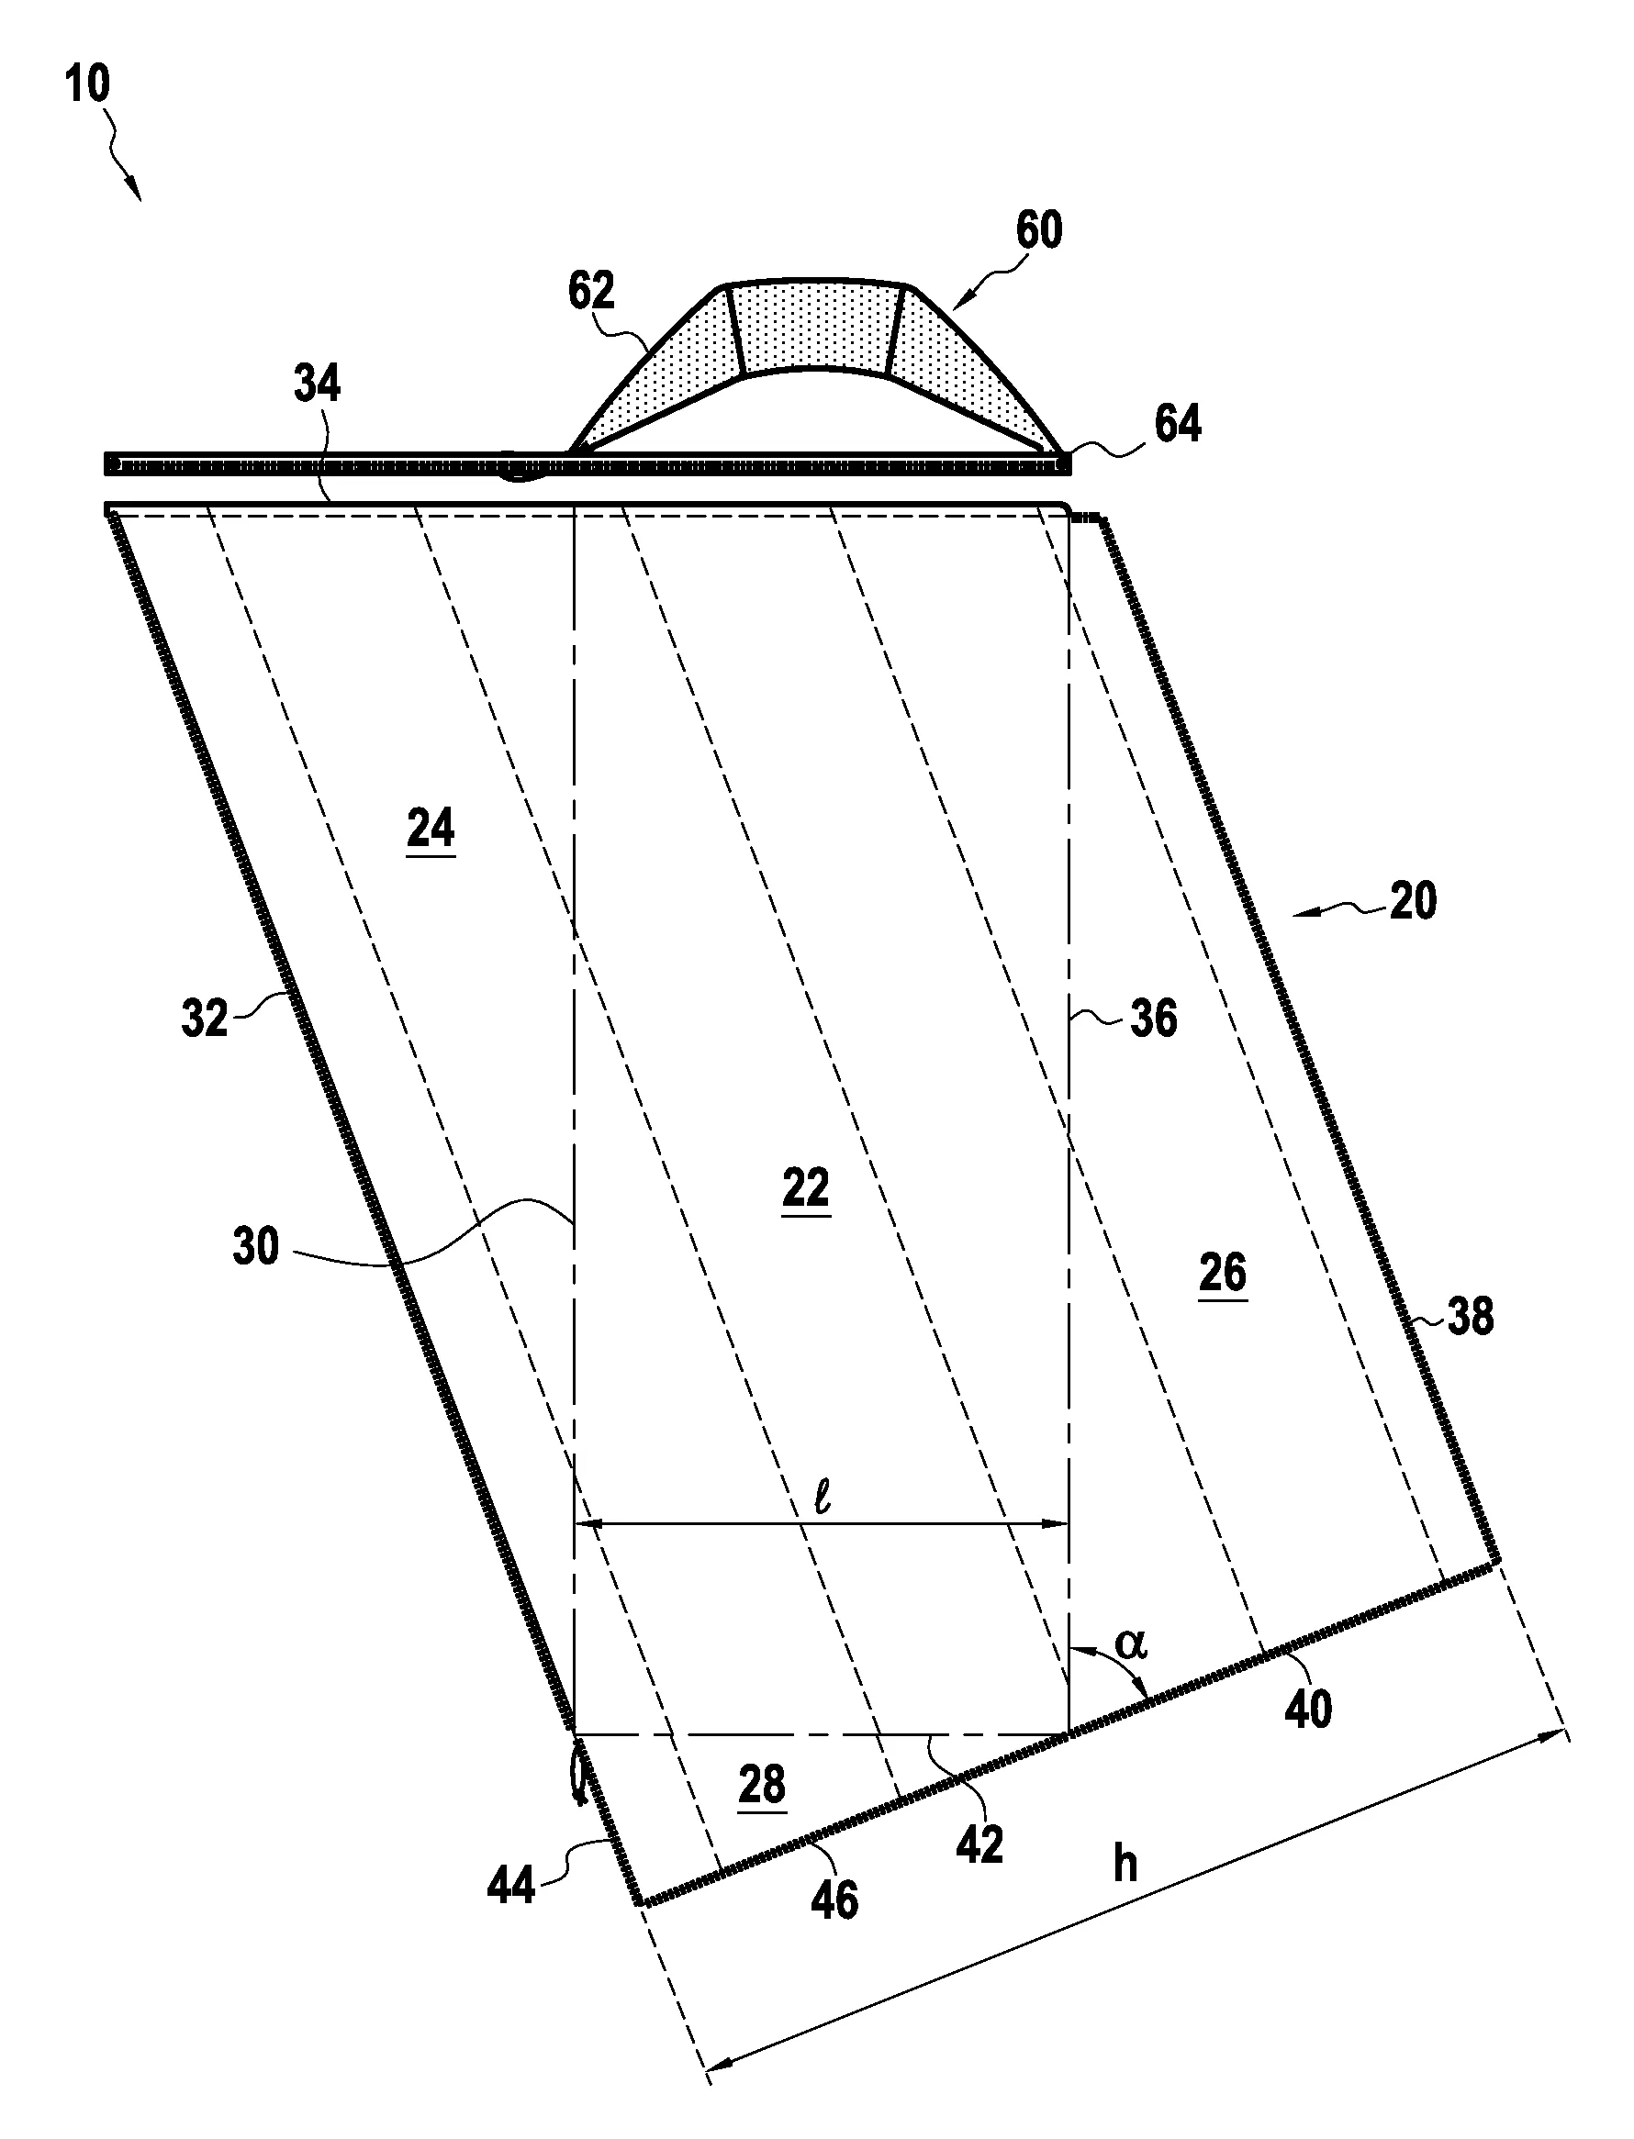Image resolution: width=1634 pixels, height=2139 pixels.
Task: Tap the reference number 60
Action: tap(1039, 230)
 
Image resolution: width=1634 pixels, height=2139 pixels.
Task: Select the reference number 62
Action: tap(592, 291)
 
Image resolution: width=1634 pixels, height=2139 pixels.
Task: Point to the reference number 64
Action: tap(1177, 424)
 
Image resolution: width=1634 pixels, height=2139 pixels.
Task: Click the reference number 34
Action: tap(318, 384)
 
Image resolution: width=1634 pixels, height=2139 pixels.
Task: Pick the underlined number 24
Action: tap(431, 830)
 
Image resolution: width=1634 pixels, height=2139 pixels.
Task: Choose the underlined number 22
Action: tap(805, 1189)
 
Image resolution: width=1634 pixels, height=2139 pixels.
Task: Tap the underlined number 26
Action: tap(1222, 1274)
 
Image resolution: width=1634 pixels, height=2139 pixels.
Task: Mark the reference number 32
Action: tap(204, 1019)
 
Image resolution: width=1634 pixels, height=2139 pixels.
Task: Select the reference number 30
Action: tap(256, 1246)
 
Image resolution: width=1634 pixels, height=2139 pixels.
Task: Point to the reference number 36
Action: tap(1154, 1019)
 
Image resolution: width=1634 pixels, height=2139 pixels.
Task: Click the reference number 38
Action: tap(1470, 1318)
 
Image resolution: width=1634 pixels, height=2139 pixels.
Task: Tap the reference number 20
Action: tap(1413, 902)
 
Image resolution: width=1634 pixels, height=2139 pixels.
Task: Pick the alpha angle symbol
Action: tap(1131, 1644)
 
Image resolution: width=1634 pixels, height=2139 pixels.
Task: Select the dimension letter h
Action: tap(1125, 1864)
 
